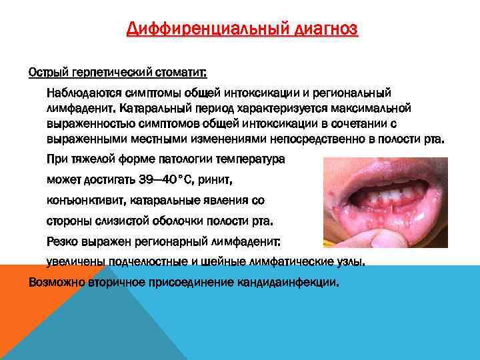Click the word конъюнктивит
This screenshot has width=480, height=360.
click(x=81, y=201)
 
